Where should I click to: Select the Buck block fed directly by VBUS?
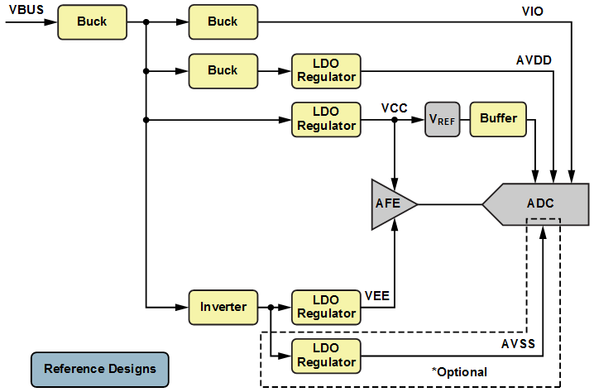click(92, 22)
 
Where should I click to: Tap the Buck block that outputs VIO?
click(223, 22)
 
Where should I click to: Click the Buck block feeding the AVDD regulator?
click(223, 70)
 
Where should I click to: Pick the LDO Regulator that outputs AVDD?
click(326, 70)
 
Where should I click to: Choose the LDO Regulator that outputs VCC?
click(326, 119)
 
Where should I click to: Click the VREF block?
click(442, 119)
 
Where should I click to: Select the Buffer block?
click(498, 119)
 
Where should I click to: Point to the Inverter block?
click(223, 307)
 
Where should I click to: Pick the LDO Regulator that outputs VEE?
click(326, 307)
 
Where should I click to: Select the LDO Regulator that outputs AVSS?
click(326, 356)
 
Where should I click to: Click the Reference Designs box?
click(98, 369)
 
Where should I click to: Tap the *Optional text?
click(459, 371)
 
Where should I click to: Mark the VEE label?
click(376, 294)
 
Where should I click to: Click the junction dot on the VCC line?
click(395, 120)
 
